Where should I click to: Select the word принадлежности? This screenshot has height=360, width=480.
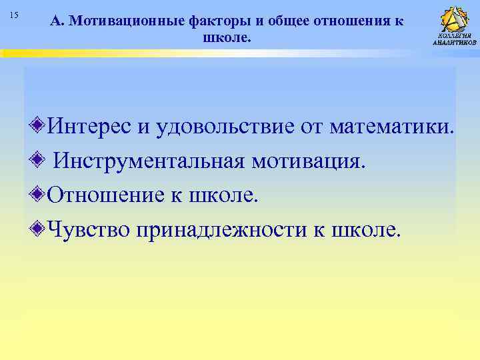click(219, 229)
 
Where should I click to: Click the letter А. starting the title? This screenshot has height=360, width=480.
click(56, 21)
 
